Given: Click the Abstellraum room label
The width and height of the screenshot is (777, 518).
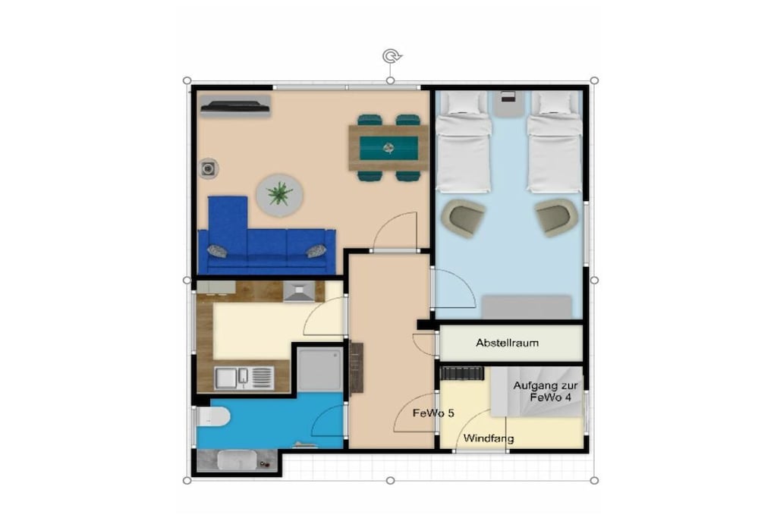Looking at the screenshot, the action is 507,343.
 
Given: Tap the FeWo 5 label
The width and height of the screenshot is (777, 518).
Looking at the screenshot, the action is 433,413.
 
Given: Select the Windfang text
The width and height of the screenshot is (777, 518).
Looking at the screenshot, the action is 489,438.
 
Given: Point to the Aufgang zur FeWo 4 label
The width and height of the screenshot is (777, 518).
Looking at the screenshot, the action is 546,391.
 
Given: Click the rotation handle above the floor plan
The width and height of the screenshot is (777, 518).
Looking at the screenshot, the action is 392,56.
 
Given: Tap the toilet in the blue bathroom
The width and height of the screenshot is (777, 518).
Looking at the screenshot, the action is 213,417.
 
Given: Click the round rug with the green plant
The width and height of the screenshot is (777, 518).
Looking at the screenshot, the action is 280,195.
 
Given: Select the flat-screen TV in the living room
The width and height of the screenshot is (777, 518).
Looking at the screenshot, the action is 235,106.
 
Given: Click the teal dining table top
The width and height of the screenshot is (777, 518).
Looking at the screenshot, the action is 388,148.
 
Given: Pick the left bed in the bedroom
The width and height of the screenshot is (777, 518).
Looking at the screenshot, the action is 464,143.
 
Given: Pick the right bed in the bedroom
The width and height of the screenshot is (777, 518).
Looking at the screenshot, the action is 554,143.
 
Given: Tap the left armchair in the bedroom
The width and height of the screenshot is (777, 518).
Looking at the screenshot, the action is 464,218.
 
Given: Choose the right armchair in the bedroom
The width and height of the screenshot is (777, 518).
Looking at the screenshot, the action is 556,218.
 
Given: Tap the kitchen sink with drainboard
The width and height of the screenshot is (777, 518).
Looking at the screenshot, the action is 244,378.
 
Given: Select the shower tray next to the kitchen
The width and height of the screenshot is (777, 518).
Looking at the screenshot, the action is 319,369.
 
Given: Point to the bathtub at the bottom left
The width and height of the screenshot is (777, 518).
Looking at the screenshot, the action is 237,460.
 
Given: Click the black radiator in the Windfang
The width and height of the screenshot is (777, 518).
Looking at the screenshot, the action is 462,373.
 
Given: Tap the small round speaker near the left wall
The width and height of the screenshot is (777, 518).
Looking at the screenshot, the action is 209,169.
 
